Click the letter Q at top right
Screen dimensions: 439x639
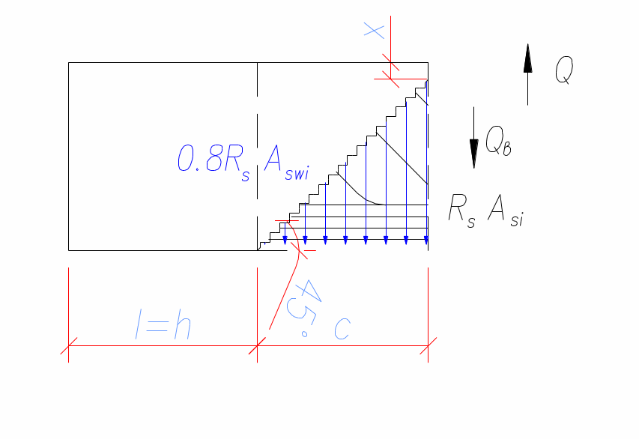pyautogui.click(x=564, y=71)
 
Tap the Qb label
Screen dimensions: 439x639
pyautogui.click(x=498, y=141)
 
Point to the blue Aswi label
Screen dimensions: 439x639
pyautogui.click(x=287, y=160)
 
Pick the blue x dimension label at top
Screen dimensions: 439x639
pyautogui.click(x=374, y=31)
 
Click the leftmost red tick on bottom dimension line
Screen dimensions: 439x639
pyautogui.click(x=68, y=346)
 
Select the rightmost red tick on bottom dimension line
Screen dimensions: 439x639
pyautogui.click(x=428, y=346)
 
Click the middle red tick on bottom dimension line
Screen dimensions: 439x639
pyautogui.click(x=257, y=346)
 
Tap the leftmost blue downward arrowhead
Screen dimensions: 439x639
pyautogui.click(x=285, y=239)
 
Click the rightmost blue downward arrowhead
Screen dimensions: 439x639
pyautogui.click(x=426, y=239)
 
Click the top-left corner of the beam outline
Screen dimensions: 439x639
pyautogui.click(x=68, y=62)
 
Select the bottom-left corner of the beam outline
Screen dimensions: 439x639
pyautogui.click(x=68, y=249)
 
